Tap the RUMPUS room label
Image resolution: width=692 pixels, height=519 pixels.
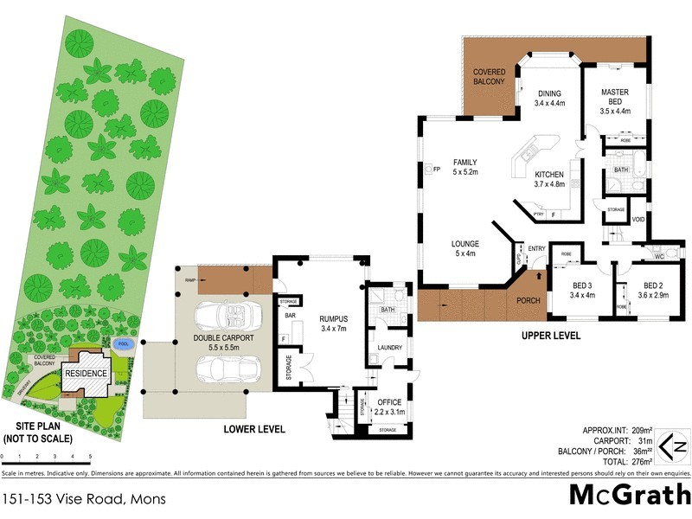332,323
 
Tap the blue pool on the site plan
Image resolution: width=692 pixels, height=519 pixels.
124,343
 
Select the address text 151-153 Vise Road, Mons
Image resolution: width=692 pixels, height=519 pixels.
84,499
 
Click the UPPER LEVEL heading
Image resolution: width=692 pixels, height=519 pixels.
551,336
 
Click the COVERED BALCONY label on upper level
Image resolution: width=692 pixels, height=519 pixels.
490,75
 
